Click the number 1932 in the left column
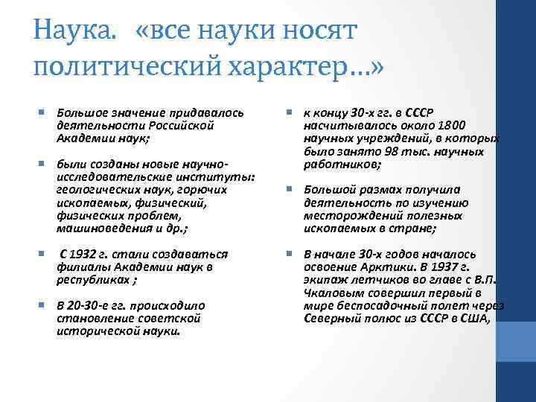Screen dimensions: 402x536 point(87,255)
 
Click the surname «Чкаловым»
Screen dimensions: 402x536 point(334,293)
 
